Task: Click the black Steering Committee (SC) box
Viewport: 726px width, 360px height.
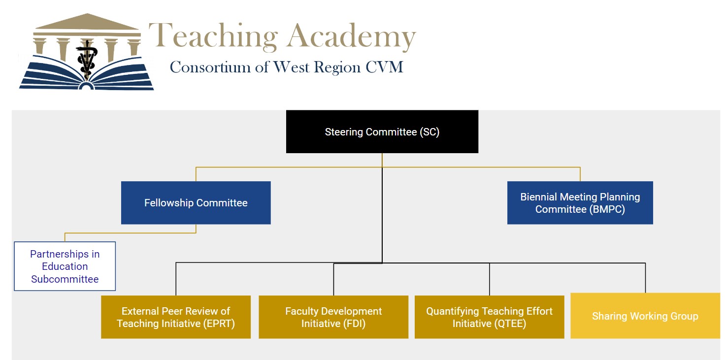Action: (x=382, y=131)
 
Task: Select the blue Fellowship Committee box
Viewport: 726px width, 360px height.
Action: (x=196, y=203)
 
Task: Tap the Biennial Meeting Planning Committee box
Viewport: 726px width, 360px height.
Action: (x=580, y=203)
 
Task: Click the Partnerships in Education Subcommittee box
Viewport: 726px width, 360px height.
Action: (x=65, y=266)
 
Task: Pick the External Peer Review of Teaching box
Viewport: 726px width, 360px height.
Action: (x=175, y=317)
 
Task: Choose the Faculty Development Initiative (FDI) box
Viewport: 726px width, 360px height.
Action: (x=333, y=317)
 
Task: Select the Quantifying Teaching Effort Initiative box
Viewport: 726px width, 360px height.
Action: (x=489, y=317)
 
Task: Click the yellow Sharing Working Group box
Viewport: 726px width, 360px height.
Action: (x=645, y=316)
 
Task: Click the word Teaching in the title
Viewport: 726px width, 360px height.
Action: (x=213, y=37)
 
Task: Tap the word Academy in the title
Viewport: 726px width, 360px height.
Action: (x=351, y=37)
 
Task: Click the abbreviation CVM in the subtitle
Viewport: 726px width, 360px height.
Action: (x=384, y=67)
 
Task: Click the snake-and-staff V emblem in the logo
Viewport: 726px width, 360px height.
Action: (x=87, y=58)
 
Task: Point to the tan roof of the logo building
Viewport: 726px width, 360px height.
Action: (x=87, y=23)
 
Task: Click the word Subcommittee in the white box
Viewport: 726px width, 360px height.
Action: (x=65, y=279)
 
